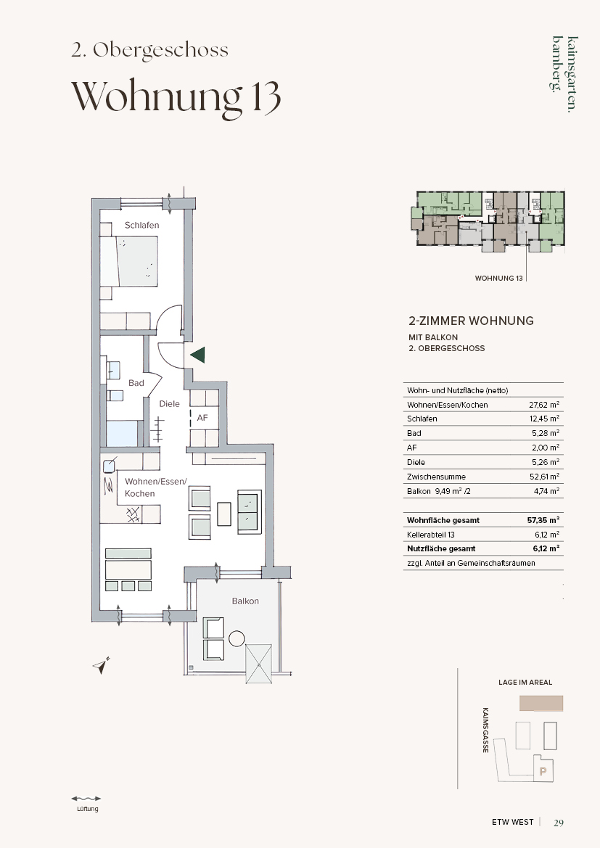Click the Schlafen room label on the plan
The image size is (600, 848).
(x=141, y=226)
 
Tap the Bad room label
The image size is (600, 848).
(x=136, y=383)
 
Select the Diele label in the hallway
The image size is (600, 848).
(x=169, y=403)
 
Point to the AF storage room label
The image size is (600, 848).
(x=202, y=418)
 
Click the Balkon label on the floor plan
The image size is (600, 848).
(x=246, y=601)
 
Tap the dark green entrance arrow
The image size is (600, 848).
(x=197, y=355)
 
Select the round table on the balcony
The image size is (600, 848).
(x=237, y=638)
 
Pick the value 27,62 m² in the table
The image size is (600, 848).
(x=543, y=405)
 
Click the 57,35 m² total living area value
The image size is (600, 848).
(x=543, y=520)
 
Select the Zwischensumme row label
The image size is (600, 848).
(x=436, y=477)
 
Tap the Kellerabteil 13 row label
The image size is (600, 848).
(x=431, y=535)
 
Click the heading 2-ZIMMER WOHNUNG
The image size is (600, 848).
(x=472, y=321)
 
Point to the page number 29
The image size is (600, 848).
(x=559, y=823)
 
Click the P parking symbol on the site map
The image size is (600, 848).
(x=543, y=771)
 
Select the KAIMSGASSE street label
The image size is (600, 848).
(x=486, y=730)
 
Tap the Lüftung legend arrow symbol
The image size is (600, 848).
(x=86, y=798)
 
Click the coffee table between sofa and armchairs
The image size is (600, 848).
(x=224, y=514)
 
